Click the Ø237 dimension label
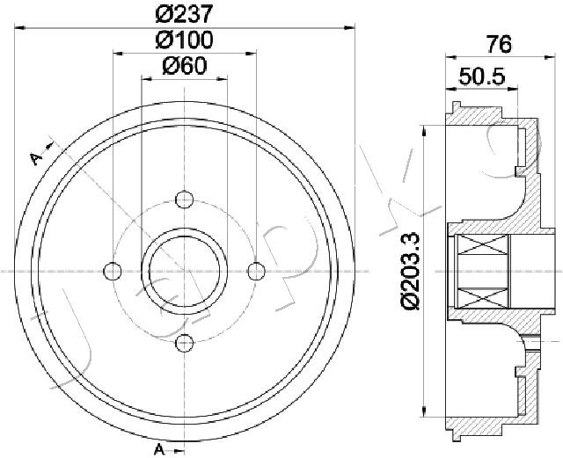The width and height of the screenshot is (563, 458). [x=184, y=14]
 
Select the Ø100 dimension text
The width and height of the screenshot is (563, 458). [x=184, y=40]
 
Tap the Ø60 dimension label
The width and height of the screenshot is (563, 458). [x=184, y=66]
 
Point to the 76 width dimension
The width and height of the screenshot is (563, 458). [x=499, y=45]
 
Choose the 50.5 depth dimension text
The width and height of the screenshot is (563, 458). [x=482, y=76]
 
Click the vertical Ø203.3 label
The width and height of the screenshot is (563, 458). [x=409, y=271]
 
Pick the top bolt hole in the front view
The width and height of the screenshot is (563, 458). [x=185, y=200]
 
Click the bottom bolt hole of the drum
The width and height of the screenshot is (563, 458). [x=185, y=343]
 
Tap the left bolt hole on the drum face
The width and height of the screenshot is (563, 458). [x=113, y=271]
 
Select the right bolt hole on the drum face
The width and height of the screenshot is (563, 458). [x=256, y=271]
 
